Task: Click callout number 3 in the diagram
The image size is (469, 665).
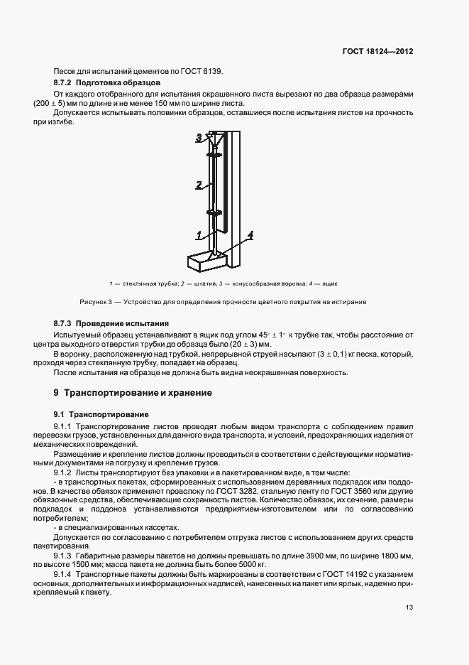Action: coord(199,137)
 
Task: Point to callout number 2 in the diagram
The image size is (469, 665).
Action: coord(199,184)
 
